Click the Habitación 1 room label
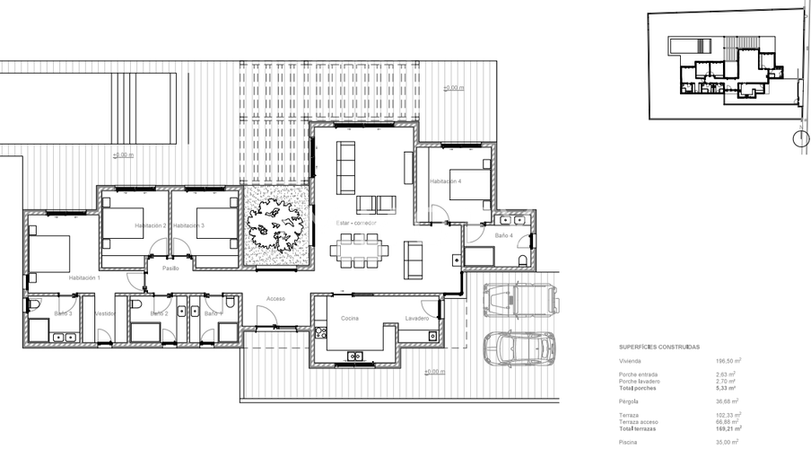pyautogui.click(x=86, y=279)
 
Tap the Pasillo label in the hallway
pyautogui.click(x=170, y=268)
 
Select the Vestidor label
pyautogui.click(x=106, y=313)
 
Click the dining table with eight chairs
pyautogui.click(x=358, y=251)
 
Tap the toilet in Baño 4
pyautogui.click(x=523, y=260)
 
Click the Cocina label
pyautogui.click(x=350, y=318)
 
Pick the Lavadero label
pyautogui.click(x=417, y=318)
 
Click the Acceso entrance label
pyautogui.click(x=275, y=299)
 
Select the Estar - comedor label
pyautogui.click(x=355, y=223)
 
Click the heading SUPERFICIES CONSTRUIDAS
pyautogui.click(x=659, y=346)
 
